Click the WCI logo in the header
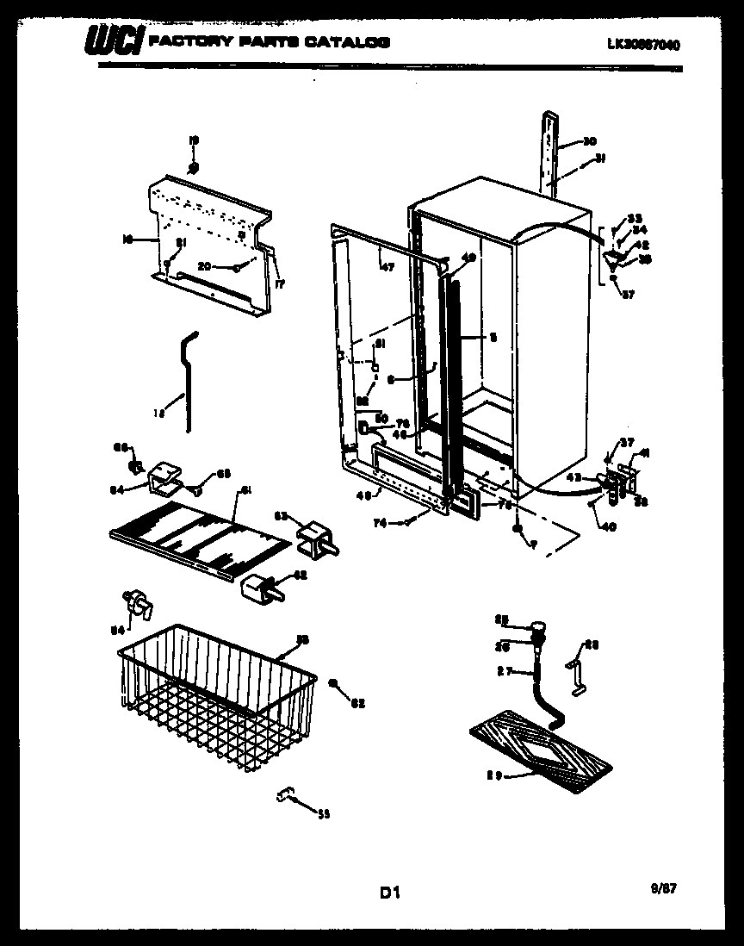click(x=114, y=42)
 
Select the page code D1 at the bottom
click(x=390, y=893)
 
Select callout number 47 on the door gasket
click(x=387, y=268)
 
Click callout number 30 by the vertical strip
click(x=589, y=141)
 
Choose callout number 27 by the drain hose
click(x=505, y=670)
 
